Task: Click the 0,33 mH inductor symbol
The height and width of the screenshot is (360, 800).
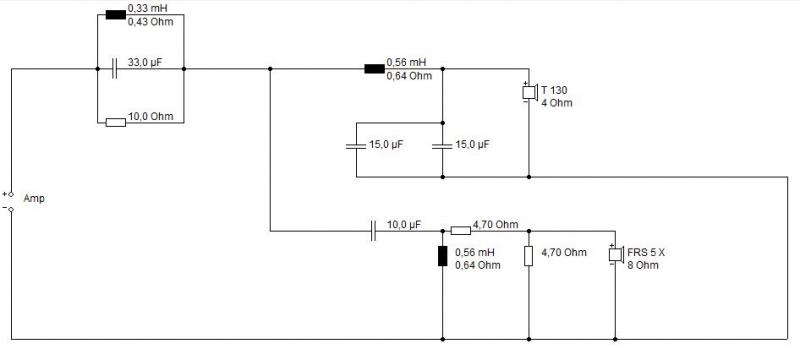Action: pos(115,14)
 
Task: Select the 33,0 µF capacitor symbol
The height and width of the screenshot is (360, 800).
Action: pos(114,68)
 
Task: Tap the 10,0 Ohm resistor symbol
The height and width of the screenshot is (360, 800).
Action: pos(115,122)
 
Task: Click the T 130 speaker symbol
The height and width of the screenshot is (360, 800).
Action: pos(529,92)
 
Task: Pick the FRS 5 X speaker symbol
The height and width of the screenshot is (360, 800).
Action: pos(616,254)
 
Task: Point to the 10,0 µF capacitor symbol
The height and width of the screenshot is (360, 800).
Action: pos(374,231)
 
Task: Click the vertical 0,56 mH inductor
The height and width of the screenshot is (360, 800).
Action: pos(442,256)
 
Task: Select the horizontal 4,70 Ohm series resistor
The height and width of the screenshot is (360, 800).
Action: pos(461,231)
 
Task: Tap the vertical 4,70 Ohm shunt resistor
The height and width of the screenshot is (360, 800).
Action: pos(529,256)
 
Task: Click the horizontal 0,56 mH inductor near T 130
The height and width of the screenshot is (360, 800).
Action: pos(374,69)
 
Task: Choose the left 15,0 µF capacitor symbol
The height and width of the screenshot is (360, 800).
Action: pos(356,146)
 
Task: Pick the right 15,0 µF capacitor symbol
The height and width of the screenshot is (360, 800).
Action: pos(442,146)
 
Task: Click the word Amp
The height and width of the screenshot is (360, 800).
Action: pos(34,198)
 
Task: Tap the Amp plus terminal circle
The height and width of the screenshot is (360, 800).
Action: pos(11,194)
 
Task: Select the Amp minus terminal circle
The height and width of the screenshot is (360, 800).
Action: pos(11,209)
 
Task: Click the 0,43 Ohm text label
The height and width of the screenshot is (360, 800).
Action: pos(150,22)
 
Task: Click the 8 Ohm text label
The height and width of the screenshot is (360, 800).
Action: pos(643,265)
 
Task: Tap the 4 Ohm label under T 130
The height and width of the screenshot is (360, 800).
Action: pos(557,103)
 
